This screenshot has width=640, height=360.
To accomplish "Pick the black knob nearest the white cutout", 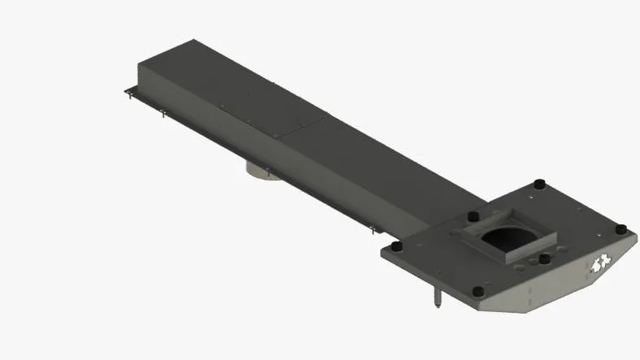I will [x=620, y=229].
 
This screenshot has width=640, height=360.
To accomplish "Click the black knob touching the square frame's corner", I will [x=473, y=218].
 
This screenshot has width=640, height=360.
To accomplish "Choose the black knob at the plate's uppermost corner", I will [x=538, y=184].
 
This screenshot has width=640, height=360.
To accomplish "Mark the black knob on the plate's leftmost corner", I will [x=396, y=246].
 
